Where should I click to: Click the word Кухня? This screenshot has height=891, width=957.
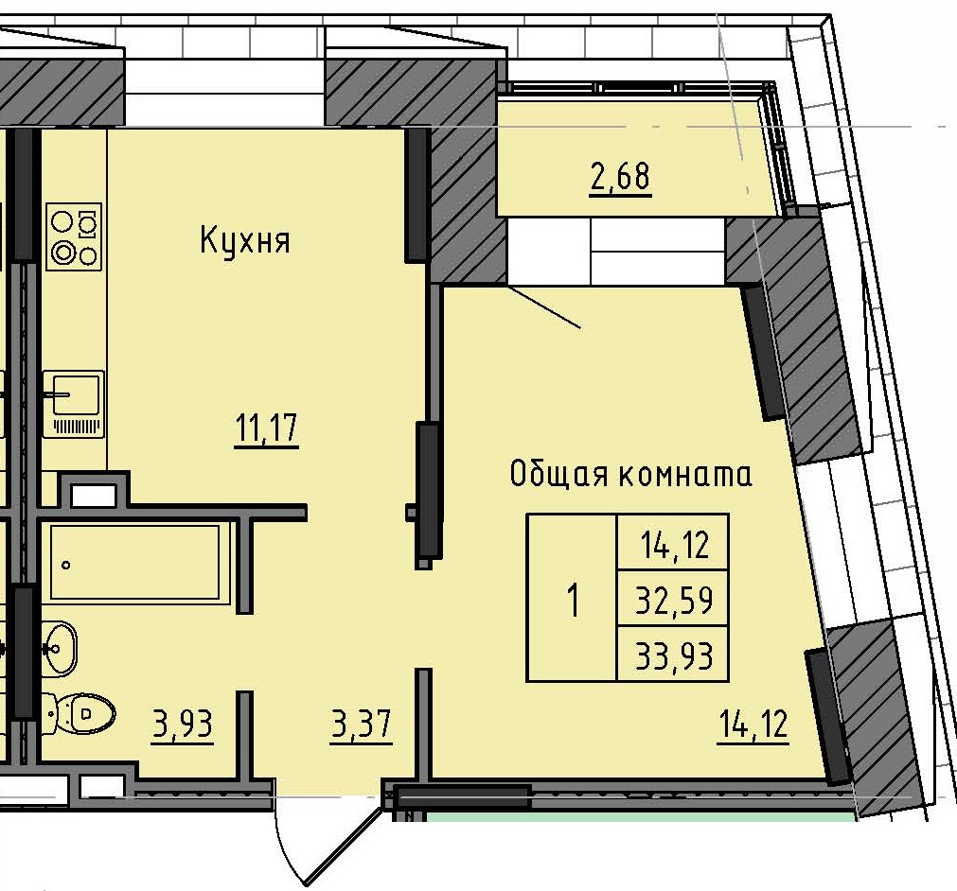pyautogui.click(x=244, y=241)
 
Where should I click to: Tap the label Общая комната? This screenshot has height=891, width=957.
pyautogui.click(x=631, y=473)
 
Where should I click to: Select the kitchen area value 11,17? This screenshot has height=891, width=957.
pyautogui.click(x=267, y=429)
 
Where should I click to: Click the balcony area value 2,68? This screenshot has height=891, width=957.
pyautogui.click(x=620, y=177)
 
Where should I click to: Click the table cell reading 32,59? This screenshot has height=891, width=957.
pyautogui.click(x=673, y=599)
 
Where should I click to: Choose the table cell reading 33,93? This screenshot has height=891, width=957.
pyautogui.click(x=673, y=654)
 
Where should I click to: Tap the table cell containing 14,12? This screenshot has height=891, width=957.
pyautogui.click(x=673, y=544)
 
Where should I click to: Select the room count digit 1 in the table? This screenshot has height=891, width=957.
pyautogui.click(x=572, y=599)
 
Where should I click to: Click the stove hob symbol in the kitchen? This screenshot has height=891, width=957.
pyautogui.click(x=75, y=237)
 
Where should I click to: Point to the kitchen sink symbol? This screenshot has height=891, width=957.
pyautogui.click(x=74, y=403)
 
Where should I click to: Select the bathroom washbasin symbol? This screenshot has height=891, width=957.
pyautogui.click(x=59, y=648)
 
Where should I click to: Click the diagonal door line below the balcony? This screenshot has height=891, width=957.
pyautogui.click(x=545, y=306)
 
